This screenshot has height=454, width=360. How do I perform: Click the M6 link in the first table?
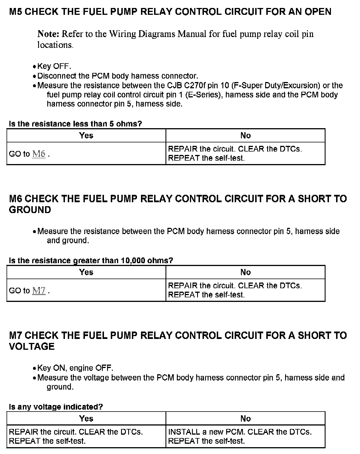click(39, 154)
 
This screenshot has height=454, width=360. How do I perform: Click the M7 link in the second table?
click(39, 291)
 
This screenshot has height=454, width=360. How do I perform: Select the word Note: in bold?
click(48, 34)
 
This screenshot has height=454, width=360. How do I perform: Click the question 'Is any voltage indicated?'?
click(56, 407)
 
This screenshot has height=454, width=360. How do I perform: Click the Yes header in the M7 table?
click(86, 418)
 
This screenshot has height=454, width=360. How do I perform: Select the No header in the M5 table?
click(245, 136)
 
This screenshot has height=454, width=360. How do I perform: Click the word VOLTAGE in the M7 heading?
click(32, 347)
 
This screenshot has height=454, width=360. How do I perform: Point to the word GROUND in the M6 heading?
click(30, 210)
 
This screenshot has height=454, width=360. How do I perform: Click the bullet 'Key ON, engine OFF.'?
click(75, 368)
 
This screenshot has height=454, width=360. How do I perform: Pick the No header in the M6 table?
click(245, 272)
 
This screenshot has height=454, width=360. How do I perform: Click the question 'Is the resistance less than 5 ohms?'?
click(75, 124)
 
